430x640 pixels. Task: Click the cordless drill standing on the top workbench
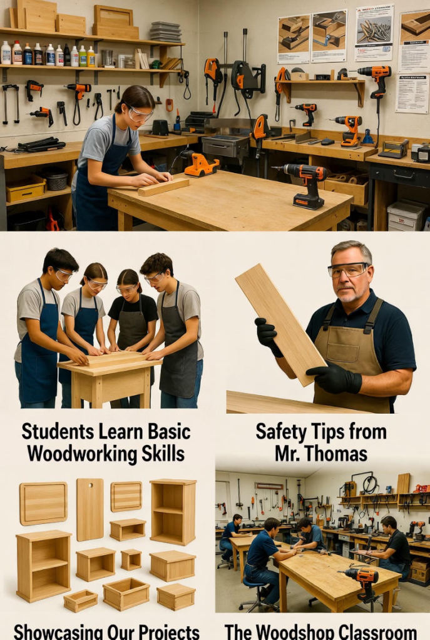[x=304, y=184]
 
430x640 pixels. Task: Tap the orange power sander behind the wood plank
[x=200, y=165]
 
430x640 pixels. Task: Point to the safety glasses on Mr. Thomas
[x=348, y=270]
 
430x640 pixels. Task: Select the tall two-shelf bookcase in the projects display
[x=173, y=512]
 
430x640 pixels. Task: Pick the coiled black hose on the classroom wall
[x=370, y=485]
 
